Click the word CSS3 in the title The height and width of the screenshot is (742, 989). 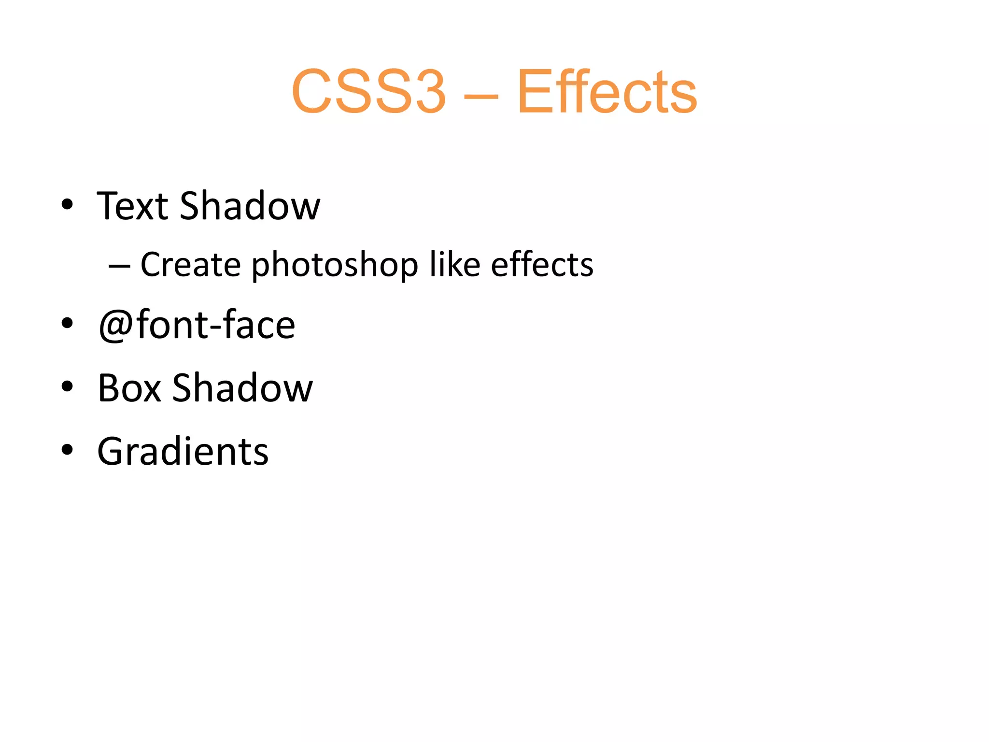point(368,92)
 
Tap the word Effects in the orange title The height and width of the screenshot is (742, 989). point(607,92)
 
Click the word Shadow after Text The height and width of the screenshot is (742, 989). point(250,206)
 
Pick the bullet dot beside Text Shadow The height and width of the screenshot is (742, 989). point(67,204)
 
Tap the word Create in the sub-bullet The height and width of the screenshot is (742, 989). point(190,265)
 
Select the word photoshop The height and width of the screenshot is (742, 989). point(335,266)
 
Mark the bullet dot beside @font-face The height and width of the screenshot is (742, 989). point(67,323)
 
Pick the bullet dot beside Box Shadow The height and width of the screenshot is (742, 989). point(67,386)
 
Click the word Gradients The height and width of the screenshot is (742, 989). point(183,452)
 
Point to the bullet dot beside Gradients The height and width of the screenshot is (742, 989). point(67,450)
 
